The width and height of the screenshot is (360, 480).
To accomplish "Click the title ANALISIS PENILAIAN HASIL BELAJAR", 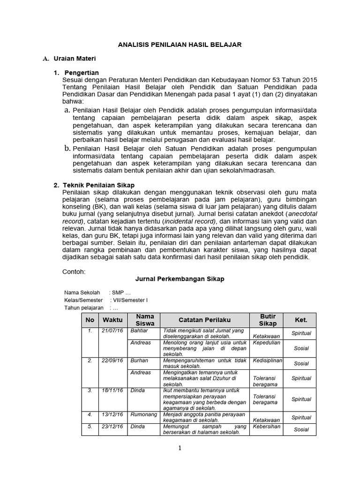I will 180,45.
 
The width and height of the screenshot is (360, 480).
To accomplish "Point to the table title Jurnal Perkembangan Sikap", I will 180,279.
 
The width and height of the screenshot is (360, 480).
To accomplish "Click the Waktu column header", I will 112,320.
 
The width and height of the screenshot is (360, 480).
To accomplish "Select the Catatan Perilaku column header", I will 204,320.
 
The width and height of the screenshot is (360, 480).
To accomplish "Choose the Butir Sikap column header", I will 268,320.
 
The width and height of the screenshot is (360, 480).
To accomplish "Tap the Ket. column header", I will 300,320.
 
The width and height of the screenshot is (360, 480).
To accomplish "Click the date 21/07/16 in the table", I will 112,330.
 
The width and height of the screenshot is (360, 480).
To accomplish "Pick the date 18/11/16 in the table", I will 112,390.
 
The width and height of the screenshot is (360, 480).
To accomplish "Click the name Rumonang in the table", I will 142,414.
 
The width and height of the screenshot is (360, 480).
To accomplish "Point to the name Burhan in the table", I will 139,360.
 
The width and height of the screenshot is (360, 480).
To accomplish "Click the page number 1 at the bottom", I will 180,448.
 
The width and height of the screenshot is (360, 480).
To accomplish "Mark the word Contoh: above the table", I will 74,271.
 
